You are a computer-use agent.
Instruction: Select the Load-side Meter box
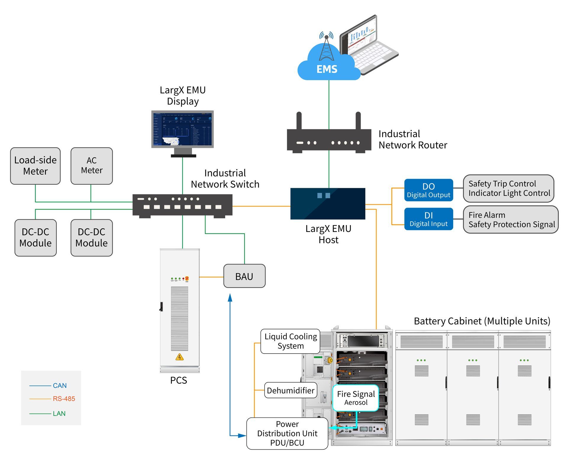click(x=35, y=166)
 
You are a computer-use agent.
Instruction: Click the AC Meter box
click(x=92, y=166)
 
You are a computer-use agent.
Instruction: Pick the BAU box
click(x=244, y=276)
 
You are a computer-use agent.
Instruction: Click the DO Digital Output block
click(x=428, y=190)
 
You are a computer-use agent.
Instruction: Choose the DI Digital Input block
click(x=428, y=219)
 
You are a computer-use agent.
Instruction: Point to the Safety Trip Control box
click(x=508, y=188)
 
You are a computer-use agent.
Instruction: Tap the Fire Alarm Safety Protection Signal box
click(x=511, y=220)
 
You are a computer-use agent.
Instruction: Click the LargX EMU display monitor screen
click(x=183, y=129)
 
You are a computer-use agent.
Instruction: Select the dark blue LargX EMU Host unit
click(x=328, y=204)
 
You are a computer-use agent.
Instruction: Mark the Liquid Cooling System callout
click(x=290, y=341)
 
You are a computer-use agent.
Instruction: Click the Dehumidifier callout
click(x=291, y=391)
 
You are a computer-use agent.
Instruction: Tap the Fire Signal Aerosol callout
click(x=356, y=398)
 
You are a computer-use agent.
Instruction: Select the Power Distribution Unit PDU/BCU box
click(x=287, y=433)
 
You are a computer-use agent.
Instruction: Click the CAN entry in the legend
click(x=59, y=385)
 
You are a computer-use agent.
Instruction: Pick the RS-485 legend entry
click(x=64, y=399)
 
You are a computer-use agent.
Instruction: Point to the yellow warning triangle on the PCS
click(x=180, y=357)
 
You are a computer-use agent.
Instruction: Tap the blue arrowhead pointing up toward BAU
click(x=230, y=297)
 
